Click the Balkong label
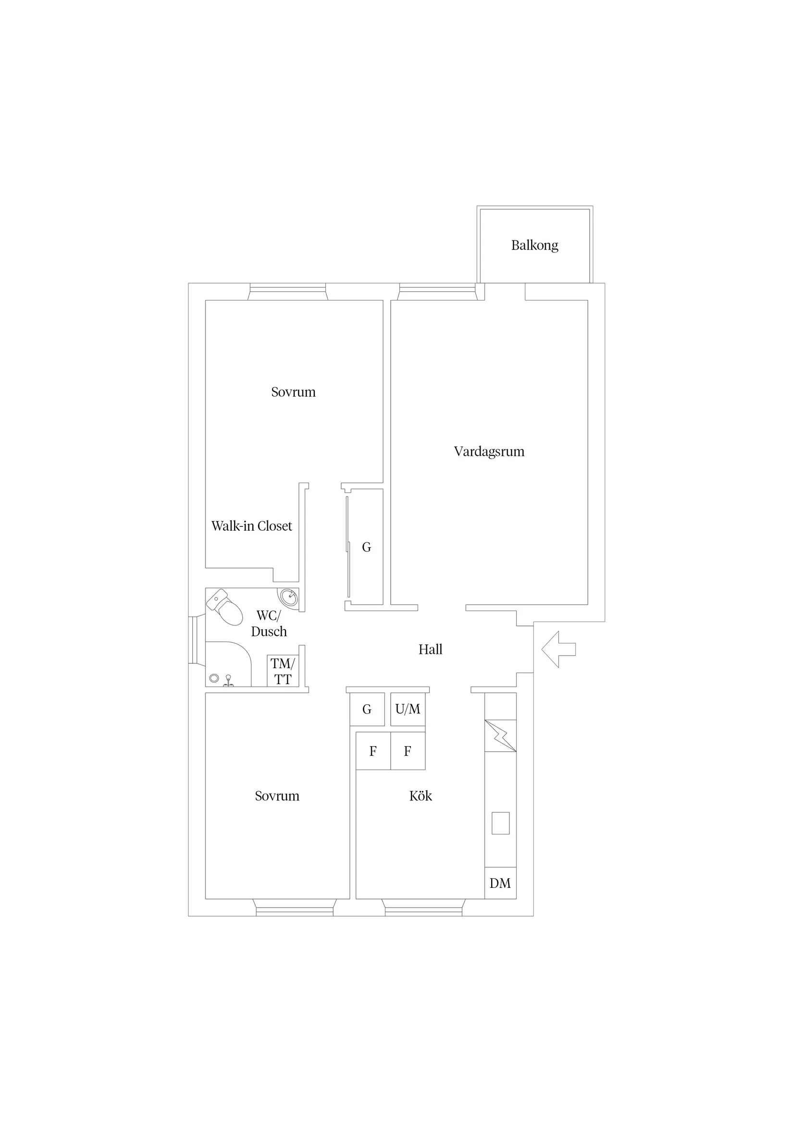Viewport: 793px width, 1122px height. [534, 245]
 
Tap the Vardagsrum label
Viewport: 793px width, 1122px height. [489, 451]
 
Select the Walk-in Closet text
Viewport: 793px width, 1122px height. [252, 526]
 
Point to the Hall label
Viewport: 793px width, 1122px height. [431, 649]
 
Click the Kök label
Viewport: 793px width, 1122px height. [421, 796]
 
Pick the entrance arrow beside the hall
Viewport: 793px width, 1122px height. [558, 649]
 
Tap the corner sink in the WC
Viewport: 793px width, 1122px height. [288, 597]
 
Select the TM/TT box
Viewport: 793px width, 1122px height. [283, 671]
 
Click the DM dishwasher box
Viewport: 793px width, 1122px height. [500, 883]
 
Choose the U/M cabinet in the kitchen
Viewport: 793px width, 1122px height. [408, 709]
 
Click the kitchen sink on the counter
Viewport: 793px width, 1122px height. [500, 823]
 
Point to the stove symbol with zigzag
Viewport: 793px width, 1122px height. [500, 736]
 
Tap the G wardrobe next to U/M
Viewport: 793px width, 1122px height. [367, 709]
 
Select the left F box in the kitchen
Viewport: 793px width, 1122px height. [373, 750]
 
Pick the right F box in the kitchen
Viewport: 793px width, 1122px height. [408, 750]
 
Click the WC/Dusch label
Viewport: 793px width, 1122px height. [269, 623]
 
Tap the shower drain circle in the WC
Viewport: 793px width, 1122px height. [214, 678]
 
